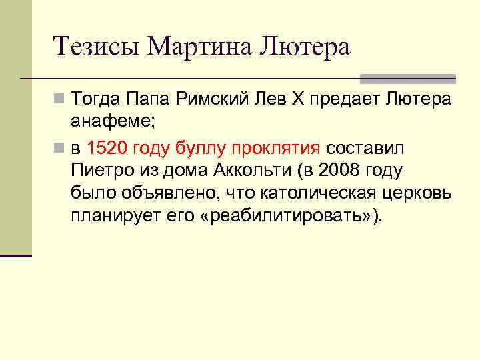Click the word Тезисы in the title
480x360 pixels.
click(x=97, y=47)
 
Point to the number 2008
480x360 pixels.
click(x=337, y=171)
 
